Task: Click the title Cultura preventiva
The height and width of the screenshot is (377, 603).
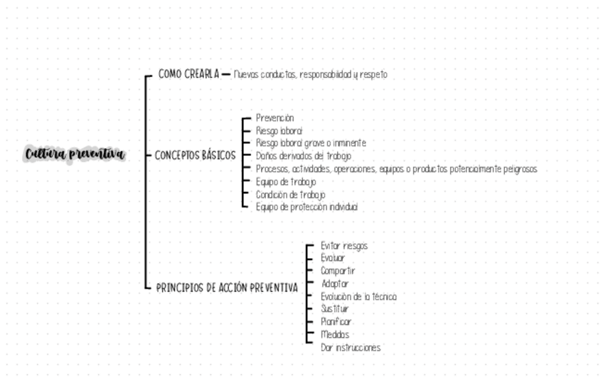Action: pos(75,154)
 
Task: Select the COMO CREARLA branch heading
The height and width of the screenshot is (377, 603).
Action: pos(188,74)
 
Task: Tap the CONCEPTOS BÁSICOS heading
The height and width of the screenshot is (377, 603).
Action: pos(195,155)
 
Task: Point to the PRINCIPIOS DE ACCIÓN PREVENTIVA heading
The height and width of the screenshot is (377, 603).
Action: pos(227,288)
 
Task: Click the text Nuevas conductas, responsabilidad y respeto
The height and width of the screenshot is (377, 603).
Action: pos(310,75)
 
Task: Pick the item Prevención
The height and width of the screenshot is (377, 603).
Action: pos(274,118)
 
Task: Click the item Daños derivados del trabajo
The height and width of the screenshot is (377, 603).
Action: pos(303,156)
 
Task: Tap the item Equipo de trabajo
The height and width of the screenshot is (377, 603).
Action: pos(286,181)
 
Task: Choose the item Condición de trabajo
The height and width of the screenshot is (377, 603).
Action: pos(290,194)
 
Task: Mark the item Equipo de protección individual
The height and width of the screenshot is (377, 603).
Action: pos(306,207)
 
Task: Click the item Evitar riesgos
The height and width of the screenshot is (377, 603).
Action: pos(344,246)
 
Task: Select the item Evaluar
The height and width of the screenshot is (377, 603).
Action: pos(333,258)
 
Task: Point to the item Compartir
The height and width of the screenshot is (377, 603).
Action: pos(338,271)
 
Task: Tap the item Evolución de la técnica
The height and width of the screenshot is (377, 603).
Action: pos(358,297)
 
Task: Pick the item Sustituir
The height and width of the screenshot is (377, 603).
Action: pos(335,309)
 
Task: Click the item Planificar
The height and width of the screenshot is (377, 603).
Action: pos(336,322)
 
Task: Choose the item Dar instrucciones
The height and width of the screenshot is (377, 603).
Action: pos(351,348)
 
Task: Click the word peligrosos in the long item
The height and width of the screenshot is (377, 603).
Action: pos(517,169)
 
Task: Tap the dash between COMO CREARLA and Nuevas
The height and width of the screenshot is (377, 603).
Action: pos(226,74)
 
